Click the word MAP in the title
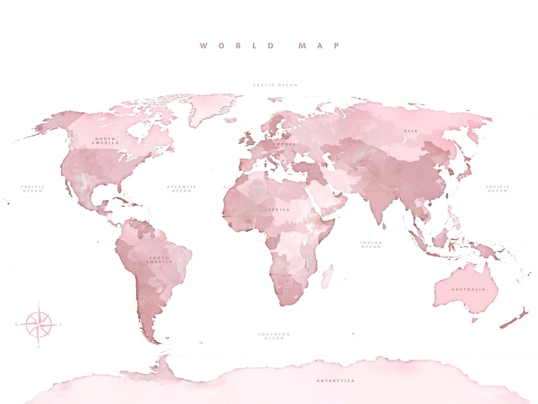point(319,46)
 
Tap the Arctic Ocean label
point(275,85)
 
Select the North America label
point(105,141)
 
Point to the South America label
point(161,260)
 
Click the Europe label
point(285,144)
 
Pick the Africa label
point(279,209)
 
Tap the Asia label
point(411,131)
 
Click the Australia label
point(468,289)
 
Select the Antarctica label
point(335,381)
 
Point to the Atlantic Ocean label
point(181,189)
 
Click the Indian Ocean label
point(371,245)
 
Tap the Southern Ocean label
point(274,336)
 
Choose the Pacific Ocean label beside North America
point(33,189)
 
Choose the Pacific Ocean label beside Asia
point(497,189)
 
